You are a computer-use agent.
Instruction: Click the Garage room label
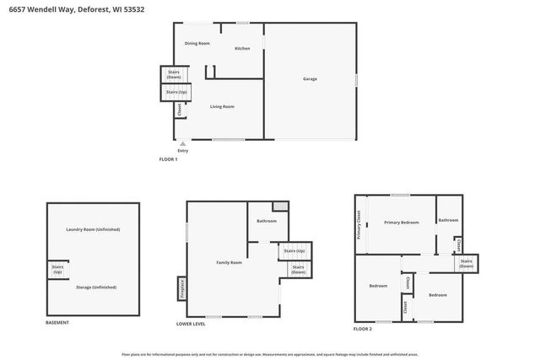tap(310, 79)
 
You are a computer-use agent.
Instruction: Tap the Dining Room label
tap(197, 43)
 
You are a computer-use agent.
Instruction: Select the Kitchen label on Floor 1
tap(242, 48)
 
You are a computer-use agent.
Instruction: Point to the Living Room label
tap(222, 106)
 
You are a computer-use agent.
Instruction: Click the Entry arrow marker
tap(183, 144)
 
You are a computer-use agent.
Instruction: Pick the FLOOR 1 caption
tap(169, 159)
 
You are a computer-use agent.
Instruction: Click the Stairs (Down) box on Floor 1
tap(173, 74)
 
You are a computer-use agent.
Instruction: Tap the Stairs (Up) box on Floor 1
tap(176, 91)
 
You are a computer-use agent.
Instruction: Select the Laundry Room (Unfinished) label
tap(94, 230)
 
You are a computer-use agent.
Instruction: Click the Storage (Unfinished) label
tap(95, 287)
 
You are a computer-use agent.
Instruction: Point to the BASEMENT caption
tap(57, 323)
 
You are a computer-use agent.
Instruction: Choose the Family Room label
tap(229, 263)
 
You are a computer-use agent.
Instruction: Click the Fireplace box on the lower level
tap(181, 288)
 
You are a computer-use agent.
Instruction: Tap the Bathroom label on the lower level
tap(267, 221)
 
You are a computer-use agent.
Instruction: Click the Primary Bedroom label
tap(402, 223)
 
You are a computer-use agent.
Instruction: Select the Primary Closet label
tap(359, 224)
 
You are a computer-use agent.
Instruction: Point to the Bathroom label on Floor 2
tap(448, 220)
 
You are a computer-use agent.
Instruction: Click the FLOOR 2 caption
tap(362, 328)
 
